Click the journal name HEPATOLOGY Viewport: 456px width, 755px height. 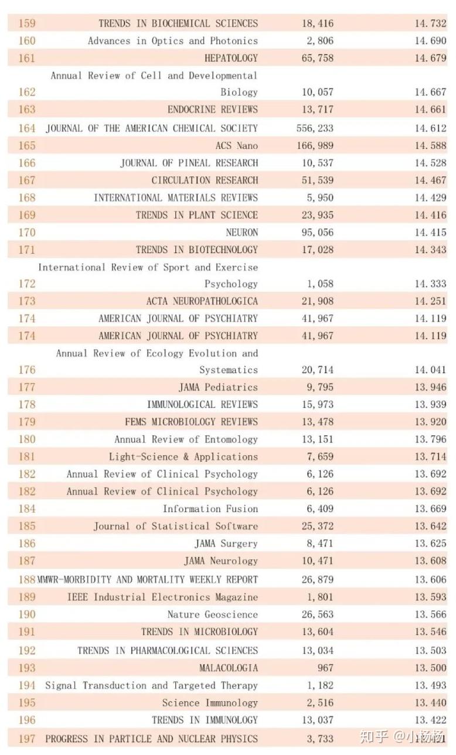pos(231,58)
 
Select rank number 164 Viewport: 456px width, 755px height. pos(27,128)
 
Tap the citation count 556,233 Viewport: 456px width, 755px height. pos(315,128)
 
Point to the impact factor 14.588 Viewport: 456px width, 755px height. pos(431,146)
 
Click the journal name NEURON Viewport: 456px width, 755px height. pos(242,232)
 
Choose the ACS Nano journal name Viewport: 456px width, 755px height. pos(237,146)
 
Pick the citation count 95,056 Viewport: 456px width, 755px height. pos(318,232)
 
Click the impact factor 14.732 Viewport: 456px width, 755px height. pos(431,23)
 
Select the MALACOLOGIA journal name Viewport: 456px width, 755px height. pos(229,668)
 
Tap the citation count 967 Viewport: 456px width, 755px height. pos(325,668)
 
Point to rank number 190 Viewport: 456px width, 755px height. pos(27,614)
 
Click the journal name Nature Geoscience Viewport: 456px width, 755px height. pos(213,614)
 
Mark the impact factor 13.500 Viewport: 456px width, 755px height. pos(431,668)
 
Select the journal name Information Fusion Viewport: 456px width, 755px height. pos(210,508)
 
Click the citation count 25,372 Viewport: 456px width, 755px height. pos(318,526)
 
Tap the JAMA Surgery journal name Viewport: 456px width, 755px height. pos(226,544)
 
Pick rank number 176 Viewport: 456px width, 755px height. pos(27,370)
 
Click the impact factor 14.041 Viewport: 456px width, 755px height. pos(431,370)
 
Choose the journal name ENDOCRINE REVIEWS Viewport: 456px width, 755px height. pos(213,109)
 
